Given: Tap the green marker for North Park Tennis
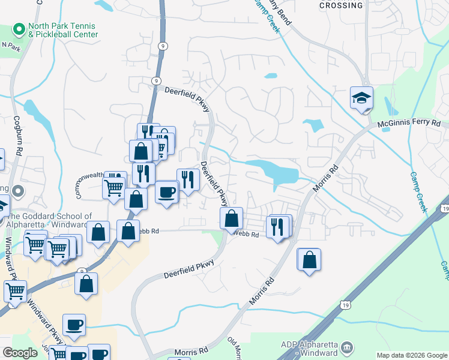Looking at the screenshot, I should point(19,29).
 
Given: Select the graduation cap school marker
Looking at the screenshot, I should point(362,98).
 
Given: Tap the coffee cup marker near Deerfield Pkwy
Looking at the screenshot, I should point(166,193).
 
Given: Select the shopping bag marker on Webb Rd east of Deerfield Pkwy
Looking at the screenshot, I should point(231,220).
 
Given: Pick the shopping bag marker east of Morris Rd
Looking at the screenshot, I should point(309,260).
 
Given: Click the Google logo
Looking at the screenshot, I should point(19,353).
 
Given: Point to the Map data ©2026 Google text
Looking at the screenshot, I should point(412,355).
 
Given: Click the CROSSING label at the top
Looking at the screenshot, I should point(341,5).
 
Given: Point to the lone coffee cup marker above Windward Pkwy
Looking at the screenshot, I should point(74,325).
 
